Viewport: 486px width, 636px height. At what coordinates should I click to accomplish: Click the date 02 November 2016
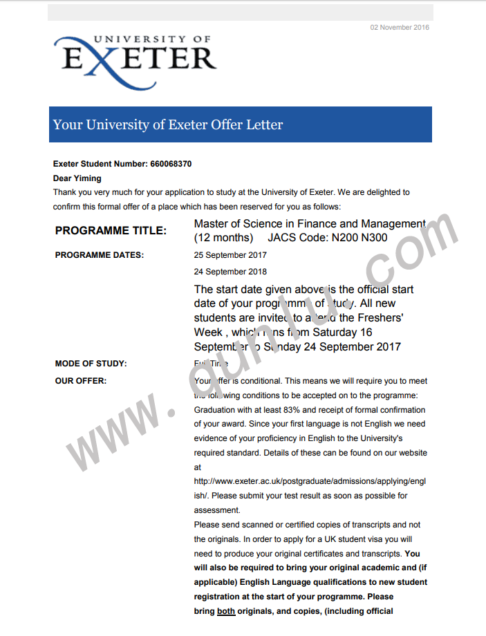pyautogui.click(x=400, y=28)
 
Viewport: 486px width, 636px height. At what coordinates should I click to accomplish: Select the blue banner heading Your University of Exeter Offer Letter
pyautogui.click(x=168, y=125)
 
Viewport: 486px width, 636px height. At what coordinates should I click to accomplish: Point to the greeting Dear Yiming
pyautogui.click(x=77, y=178)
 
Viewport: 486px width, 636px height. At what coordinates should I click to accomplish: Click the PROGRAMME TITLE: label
pyautogui.click(x=111, y=231)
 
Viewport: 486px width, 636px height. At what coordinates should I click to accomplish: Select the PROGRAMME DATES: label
pyautogui.click(x=99, y=255)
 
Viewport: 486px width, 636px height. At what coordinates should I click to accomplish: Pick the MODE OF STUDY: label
pyautogui.click(x=91, y=364)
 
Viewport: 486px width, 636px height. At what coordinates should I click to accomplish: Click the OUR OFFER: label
pyautogui.click(x=80, y=381)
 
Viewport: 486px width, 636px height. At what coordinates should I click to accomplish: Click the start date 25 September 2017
pyautogui.click(x=230, y=255)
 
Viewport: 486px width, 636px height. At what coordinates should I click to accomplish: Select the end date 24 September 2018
pyautogui.click(x=230, y=272)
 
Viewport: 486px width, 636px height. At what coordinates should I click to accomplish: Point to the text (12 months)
pyautogui.click(x=223, y=238)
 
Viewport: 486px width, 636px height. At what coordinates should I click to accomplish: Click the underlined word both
pyautogui.click(x=226, y=611)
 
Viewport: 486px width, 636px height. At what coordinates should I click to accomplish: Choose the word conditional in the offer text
pyautogui.click(x=260, y=381)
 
